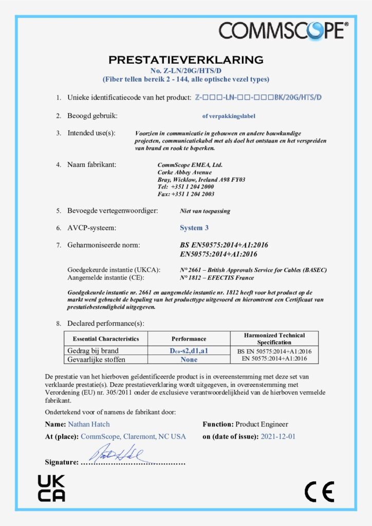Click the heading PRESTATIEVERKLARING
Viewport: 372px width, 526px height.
pos(185,60)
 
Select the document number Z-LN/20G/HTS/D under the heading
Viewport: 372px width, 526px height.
pos(185,70)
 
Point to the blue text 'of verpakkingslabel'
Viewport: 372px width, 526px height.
pos(229,116)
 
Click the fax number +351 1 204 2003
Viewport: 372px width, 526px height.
pos(192,194)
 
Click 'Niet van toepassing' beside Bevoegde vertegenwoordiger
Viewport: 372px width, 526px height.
pos(205,211)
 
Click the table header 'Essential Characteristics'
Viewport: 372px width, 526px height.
pos(106,339)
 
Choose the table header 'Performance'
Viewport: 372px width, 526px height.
pos(189,339)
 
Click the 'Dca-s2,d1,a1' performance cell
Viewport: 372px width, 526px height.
pos(189,351)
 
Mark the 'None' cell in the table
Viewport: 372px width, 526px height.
pos(189,359)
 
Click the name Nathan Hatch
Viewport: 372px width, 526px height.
pos(88,424)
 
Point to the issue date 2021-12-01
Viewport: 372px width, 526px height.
pos(278,436)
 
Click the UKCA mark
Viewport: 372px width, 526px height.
pos(51,488)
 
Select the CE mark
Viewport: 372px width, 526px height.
pos(319,492)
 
